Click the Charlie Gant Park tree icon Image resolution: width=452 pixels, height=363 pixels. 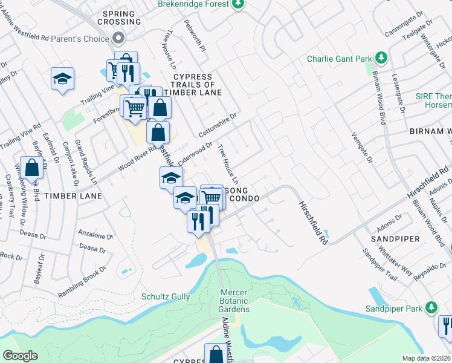pos(381,58)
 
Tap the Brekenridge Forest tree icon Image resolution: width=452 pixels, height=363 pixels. pos(239,4)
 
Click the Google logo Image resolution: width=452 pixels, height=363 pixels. pos(20,356)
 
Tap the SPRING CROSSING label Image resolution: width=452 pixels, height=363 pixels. pos(121,18)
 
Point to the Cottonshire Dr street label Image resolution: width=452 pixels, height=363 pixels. pos(219,125)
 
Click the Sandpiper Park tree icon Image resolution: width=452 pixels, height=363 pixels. pos(430,308)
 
